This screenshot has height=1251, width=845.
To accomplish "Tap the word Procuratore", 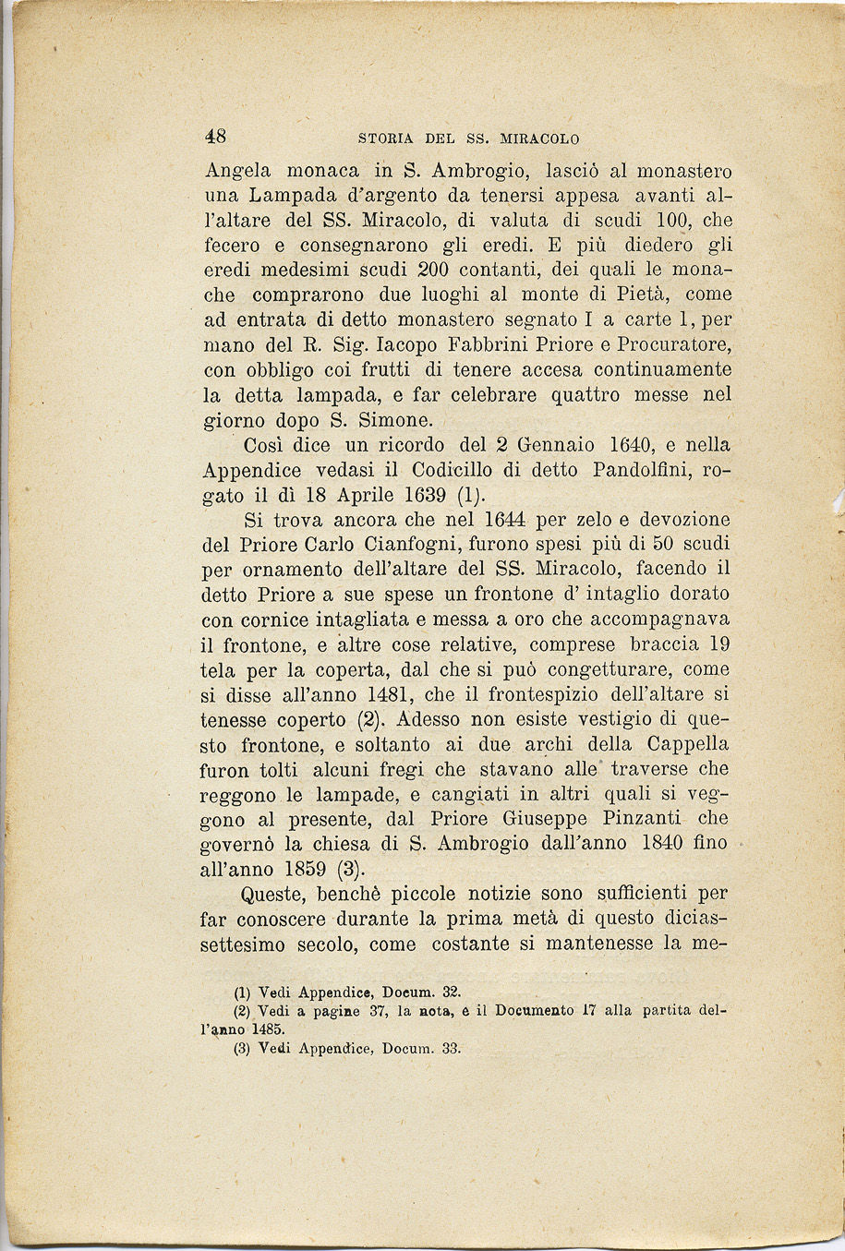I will (677, 345).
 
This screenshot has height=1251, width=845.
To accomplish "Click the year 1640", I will (626, 445).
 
